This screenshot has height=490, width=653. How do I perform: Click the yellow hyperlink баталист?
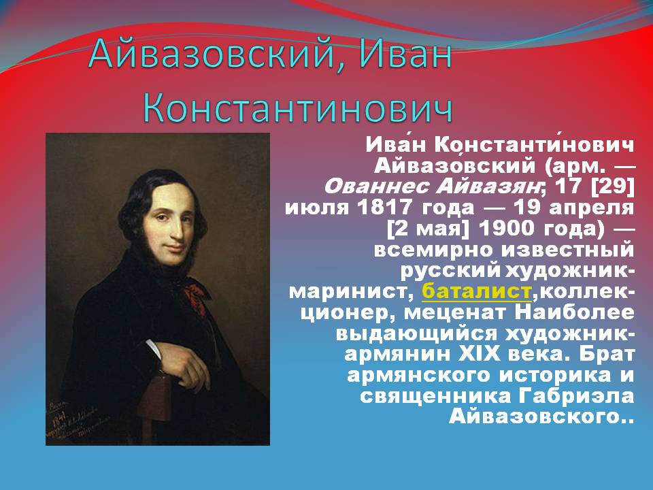click(476, 291)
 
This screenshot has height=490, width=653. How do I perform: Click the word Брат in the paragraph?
click(603, 354)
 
